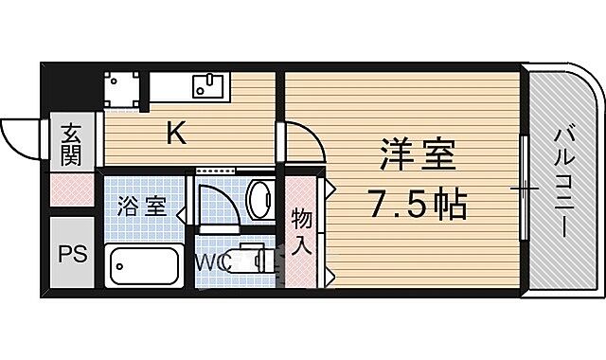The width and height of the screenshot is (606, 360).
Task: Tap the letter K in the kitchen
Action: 176,135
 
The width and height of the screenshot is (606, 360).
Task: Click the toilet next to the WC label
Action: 254,258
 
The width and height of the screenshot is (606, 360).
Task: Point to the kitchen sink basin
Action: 207,87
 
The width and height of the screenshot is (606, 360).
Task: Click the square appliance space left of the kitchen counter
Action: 120,87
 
